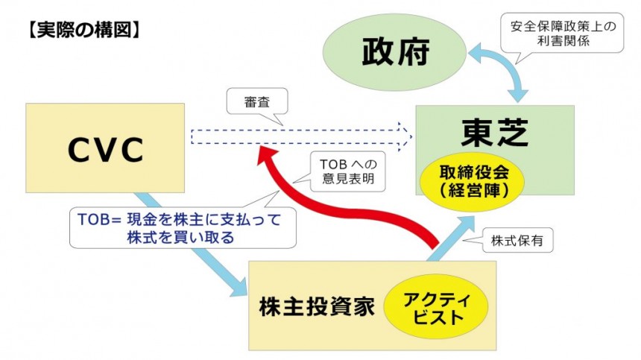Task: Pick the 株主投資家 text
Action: point(316,308)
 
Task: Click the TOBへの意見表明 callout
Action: point(345,172)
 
